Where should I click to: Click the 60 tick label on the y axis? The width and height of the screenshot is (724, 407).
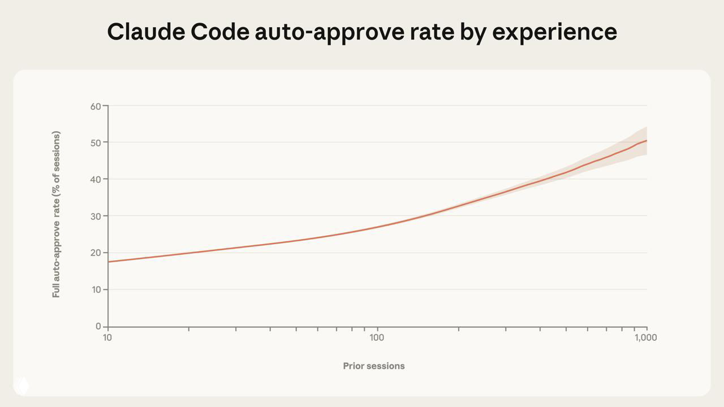tap(95, 106)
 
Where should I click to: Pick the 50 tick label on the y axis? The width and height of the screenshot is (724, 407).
tap(95, 142)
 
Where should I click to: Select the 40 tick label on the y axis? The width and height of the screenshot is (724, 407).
tap(95, 180)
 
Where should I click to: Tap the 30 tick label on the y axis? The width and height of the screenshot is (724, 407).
tap(95, 217)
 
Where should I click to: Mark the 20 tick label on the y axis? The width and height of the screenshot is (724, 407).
tap(95, 253)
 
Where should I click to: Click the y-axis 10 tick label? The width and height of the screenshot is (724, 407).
tap(95, 290)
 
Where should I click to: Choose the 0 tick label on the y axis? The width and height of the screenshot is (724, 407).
tap(98, 327)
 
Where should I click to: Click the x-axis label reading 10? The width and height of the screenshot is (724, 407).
tap(107, 338)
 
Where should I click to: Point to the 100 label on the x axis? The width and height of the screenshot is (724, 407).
tap(377, 338)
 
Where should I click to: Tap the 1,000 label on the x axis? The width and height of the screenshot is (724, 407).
tap(645, 338)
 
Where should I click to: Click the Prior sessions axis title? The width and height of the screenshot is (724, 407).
tap(374, 366)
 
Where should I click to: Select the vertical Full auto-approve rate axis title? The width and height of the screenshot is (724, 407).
tap(56, 214)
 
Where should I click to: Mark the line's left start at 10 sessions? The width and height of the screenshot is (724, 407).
tap(108, 262)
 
